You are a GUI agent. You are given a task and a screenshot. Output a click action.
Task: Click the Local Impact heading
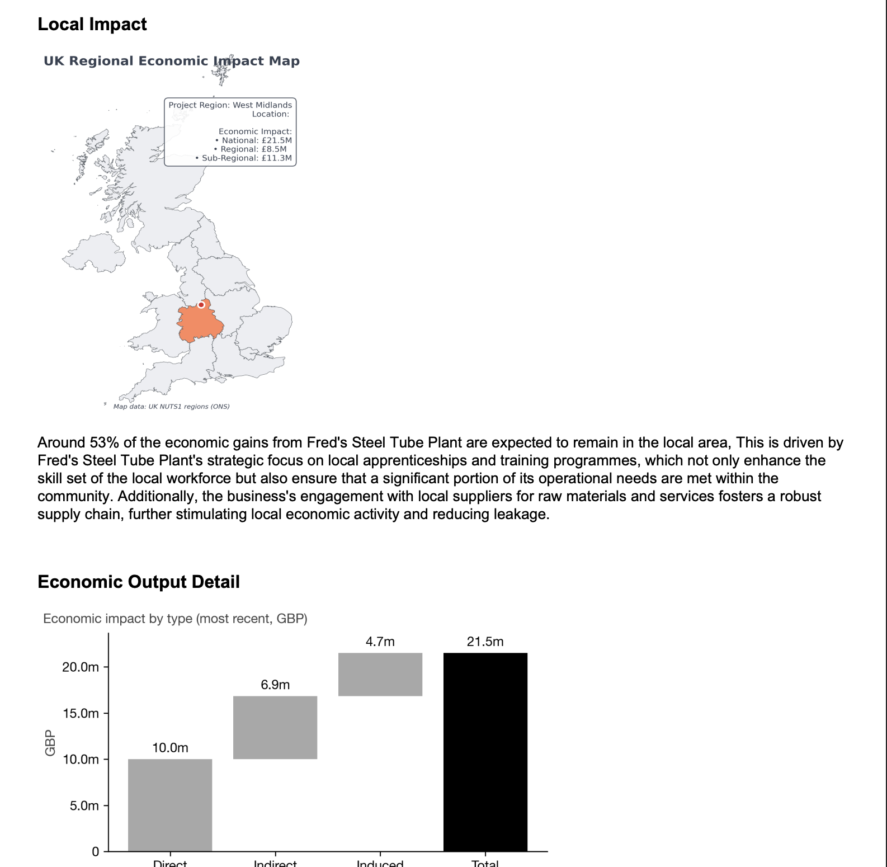pyautogui.click(x=92, y=25)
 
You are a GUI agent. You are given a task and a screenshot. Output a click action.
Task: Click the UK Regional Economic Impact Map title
pyautogui.click(x=171, y=61)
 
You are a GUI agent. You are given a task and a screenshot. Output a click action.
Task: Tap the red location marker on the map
pyautogui.click(x=201, y=305)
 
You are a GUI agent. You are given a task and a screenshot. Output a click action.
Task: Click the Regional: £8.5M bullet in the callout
pyautogui.click(x=251, y=149)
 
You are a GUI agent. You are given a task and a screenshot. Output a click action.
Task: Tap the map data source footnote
pyautogui.click(x=171, y=407)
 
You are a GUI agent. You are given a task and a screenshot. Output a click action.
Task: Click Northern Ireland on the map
pyautogui.click(x=94, y=253)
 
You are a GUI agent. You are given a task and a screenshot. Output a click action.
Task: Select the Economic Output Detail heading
pyautogui.click(x=139, y=582)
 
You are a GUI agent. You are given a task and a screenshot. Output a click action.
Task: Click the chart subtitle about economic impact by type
pyautogui.click(x=175, y=619)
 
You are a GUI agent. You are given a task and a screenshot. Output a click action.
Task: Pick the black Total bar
pyautogui.click(x=485, y=752)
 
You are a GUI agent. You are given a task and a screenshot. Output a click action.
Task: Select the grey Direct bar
pyautogui.click(x=170, y=805)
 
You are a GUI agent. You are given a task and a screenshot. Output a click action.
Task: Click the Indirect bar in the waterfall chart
pyautogui.click(x=275, y=727)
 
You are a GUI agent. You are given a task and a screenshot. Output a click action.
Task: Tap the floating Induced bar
pyautogui.click(x=380, y=674)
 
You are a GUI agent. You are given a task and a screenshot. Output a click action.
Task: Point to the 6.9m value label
pyautogui.click(x=275, y=685)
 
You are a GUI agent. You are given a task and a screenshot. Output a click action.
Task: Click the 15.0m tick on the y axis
pyautogui.click(x=81, y=713)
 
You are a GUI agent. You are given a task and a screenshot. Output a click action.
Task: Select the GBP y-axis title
pyautogui.click(x=50, y=743)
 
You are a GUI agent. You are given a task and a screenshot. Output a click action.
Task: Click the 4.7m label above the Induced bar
pyautogui.click(x=380, y=642)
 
